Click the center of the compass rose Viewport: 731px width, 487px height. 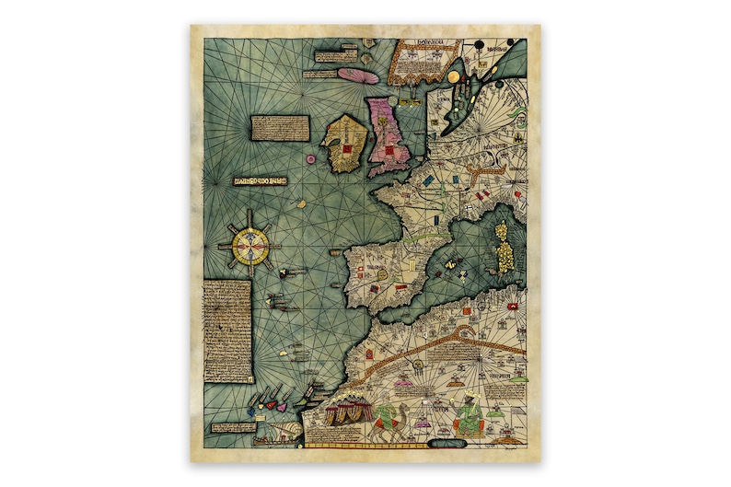[x=248, y=245]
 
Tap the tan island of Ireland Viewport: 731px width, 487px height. [x=345, y=145]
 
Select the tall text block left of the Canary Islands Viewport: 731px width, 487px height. [x=226, y=331]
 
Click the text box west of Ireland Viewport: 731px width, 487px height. [x=277, y=128]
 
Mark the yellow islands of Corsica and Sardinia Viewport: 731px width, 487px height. [x=503, y=243]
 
